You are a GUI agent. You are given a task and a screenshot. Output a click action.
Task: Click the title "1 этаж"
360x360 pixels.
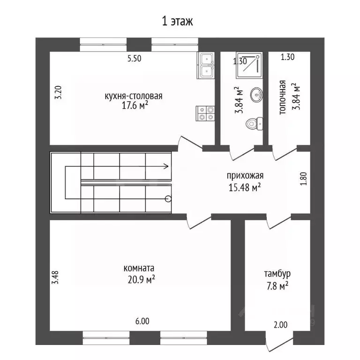coord(177,21)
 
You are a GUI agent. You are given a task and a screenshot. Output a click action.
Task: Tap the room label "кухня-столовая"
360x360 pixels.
coord(134,96)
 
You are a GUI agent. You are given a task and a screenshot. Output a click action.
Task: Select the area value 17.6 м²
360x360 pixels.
coord(135,105)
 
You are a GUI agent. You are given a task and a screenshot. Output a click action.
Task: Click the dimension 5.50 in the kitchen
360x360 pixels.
coord(135,58)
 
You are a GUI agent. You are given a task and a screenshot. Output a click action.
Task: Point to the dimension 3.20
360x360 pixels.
coord(59,92)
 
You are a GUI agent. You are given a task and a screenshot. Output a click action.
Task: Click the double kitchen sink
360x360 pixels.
coord(206,66)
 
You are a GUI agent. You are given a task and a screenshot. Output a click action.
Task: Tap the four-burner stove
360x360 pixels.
coord(205,113)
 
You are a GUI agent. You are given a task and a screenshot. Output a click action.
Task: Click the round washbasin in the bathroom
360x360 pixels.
coord(256,95)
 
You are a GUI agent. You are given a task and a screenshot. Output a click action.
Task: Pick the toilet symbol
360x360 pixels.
coord(255,124)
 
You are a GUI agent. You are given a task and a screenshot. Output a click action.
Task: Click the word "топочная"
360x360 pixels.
coord(283,97)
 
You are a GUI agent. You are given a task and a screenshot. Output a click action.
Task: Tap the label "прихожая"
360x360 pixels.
coord(245,176)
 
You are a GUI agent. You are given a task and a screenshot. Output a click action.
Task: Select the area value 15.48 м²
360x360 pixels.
coord(245,187)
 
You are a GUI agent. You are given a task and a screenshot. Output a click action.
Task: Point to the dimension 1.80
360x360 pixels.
coord(304,179)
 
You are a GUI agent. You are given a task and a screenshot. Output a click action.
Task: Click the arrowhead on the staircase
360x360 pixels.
coord(167,166)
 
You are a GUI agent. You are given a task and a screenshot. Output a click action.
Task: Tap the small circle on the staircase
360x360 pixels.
coord(168,199)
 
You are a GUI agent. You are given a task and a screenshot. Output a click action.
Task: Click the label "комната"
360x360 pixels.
coord(139,268)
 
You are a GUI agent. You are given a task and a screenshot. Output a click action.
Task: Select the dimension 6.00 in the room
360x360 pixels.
coord(142,321)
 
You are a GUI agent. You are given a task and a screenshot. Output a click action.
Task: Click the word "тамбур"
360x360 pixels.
coord(277,274)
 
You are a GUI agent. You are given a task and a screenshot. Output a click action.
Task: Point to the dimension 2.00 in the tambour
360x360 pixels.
coord(281,325)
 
